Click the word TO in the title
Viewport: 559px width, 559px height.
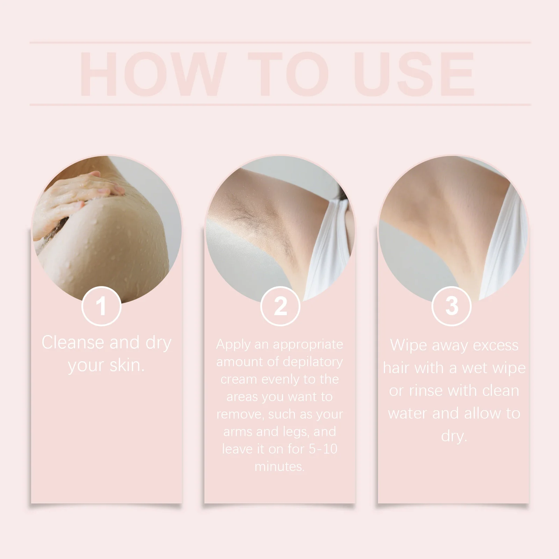pyautogui.click(x=289, y=74)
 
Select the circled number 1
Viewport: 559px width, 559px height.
pyautogui.click(x=101, y=306)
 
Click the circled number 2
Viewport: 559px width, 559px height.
pyautogui.click(x=280, y=306)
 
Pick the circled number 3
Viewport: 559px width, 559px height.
pyautogui.click(x=451, y=306)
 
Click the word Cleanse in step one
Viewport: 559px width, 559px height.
pyautogui.click(x=73, y=342)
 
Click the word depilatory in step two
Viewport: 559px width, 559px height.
pyautogui.click(x=313, y=362)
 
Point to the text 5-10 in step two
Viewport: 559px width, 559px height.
pyautogui.click(x=323, y=449)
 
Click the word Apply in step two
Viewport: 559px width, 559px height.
pyautogui.click(x=233, y=345)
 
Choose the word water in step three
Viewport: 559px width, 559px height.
pyautogui.click(x=407, y=413)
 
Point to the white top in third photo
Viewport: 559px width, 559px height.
pyautogui.click(x=507, y=245)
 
